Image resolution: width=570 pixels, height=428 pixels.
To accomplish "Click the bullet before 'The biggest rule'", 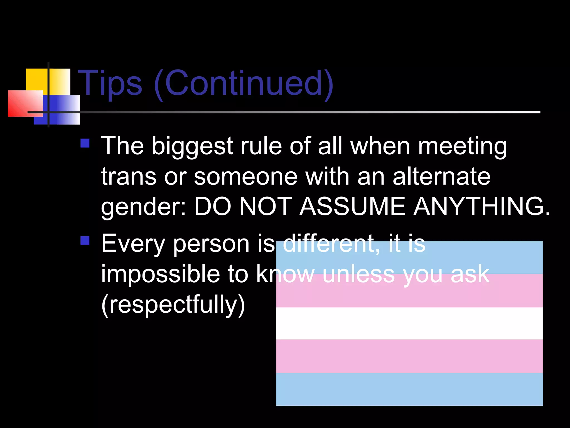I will [85, 143].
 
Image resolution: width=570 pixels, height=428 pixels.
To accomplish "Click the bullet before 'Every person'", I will [85, 241].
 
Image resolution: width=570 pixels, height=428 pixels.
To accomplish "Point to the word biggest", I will [192, 147].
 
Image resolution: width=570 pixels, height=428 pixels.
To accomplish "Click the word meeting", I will [462, 147].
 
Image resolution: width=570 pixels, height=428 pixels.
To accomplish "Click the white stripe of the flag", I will [409, 323].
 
